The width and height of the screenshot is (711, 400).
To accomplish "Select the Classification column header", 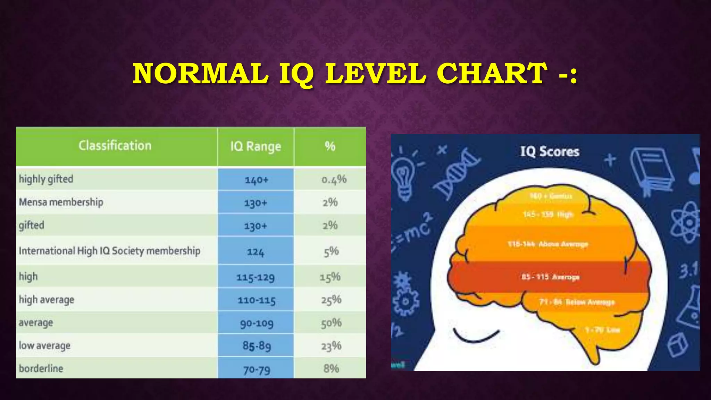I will click(x=115, y=146).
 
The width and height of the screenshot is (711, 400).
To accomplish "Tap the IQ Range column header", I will click(x=256, y=147).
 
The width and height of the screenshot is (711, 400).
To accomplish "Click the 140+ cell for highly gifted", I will click(x=256, y=180).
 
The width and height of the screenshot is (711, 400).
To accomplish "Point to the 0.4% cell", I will click(x=334, y=180).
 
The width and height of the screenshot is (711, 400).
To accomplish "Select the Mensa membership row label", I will click(x=61, y=202).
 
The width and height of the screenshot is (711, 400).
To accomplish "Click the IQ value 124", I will click(x=256, y=252).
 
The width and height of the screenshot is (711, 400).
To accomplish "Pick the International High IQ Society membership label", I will click(x=109, y=251).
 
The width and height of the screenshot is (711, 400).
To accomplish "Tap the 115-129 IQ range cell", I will click(x=256, y=277).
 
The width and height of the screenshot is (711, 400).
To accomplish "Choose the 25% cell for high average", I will click(x=331, y=300).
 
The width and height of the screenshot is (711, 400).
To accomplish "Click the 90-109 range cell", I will click(x=257, y=323).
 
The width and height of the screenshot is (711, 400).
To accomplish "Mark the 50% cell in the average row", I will click(x=331, y=323).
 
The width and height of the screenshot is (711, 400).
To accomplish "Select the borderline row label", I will click(x=41, y=368).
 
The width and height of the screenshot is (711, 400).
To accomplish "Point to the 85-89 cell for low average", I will click(x=257, y=346).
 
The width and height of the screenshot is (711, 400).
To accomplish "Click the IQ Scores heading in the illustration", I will click(x=550, y=152).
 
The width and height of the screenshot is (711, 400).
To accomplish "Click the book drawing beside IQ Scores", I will click(x=652, y=170).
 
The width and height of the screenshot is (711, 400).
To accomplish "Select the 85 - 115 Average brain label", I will click(x=550, y=277).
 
